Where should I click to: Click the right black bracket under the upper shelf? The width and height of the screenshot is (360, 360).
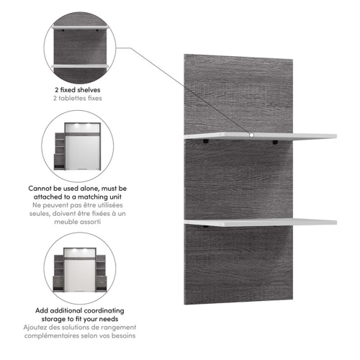tap(276, 143)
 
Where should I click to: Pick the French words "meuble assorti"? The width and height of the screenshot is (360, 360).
tap(76, 223)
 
